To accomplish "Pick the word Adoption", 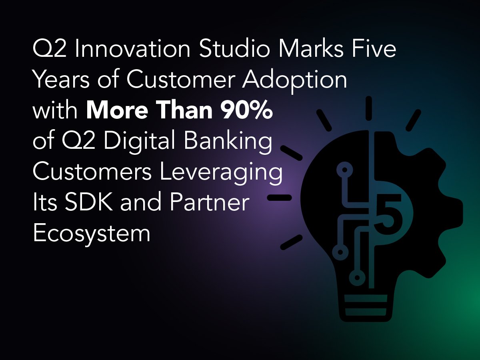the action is click(294, 81).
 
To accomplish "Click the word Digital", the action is click(140, 142).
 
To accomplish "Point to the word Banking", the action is click(228, 142).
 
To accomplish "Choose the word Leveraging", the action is click(221, 173).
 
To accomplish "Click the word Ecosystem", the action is click(92, 234).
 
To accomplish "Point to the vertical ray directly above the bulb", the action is click(369, 108).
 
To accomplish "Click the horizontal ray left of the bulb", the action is click(280, 198).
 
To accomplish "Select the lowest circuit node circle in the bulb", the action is click(357, 278).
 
